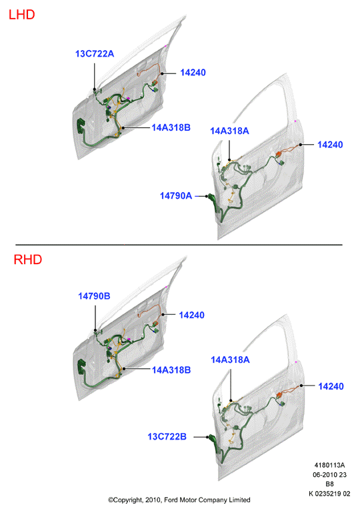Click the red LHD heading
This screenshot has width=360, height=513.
pyautogui.click(x=21, y=15)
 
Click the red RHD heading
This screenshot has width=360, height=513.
pyautogui.click(x=28, y=260)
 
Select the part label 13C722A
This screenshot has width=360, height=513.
pyautogui.click(x=95, y=53)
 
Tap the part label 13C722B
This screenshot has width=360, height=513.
pyautogui.click(x=167, y=436)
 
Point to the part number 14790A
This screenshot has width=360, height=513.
pyautogui.click(x=175, y=195)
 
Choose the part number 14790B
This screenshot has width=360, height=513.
pyautogui.click(x=94, y=296)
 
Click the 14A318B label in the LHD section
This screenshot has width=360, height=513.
pyautogui.click(x=171, y=127)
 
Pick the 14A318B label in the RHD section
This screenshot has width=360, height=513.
pyautogui.click(x=171, y=370)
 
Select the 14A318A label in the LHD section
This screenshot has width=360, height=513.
pyautogui.click(x=229, y=131)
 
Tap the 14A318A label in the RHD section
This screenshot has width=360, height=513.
pyautogui.click(x=230, y=360)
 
